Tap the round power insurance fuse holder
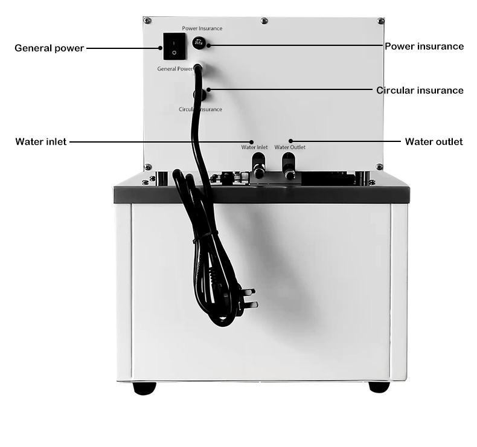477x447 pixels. click(x=198, y=43)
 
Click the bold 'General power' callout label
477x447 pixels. click(x=49, y=48)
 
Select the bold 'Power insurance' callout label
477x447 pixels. click(x=424, y=46)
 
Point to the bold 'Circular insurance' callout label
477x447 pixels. click(x=420, y=91)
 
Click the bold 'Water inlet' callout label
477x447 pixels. click(x=41, y=142)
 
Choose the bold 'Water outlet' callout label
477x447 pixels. click(x=434, y=142)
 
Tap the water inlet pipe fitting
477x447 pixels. click(x=258, y=165)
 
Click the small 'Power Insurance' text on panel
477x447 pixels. click(x=202, y=28)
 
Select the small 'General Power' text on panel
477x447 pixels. click(x=175, y=69)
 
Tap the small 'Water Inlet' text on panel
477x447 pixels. click(x=254, y=147)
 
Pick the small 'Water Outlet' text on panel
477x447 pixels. click(x=290, y=147)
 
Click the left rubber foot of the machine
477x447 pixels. click(x=144, y=388)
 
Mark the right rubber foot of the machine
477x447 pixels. click(x=379, y=387)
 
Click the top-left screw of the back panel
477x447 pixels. click(x=147, y=21)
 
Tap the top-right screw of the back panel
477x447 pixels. click(x=380, y=21)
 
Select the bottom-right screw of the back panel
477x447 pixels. click(x=379, y=167)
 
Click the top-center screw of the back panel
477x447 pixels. click(x=264, y=21)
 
